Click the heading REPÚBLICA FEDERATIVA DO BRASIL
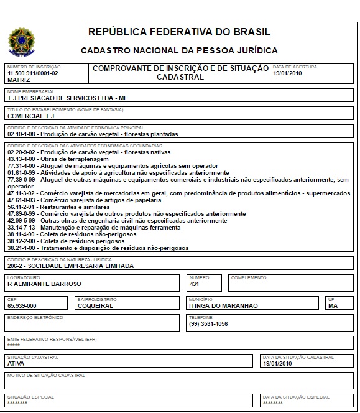click(x=180, y=32)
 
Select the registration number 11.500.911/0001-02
click(x=32, y=73)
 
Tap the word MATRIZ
click(x=19, y=80)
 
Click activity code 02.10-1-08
click(x=22, y=134)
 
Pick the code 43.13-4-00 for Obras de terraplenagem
click(x=22, y=159)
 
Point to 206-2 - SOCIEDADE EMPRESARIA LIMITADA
click(x=70, y=266)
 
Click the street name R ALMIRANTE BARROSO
click(x=44, y=284)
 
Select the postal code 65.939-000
click(x=22, y=306)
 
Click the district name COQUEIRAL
click(x=95, y=306)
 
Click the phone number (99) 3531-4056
click(x=208, y=324)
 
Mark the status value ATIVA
click(x=16, y=364)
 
